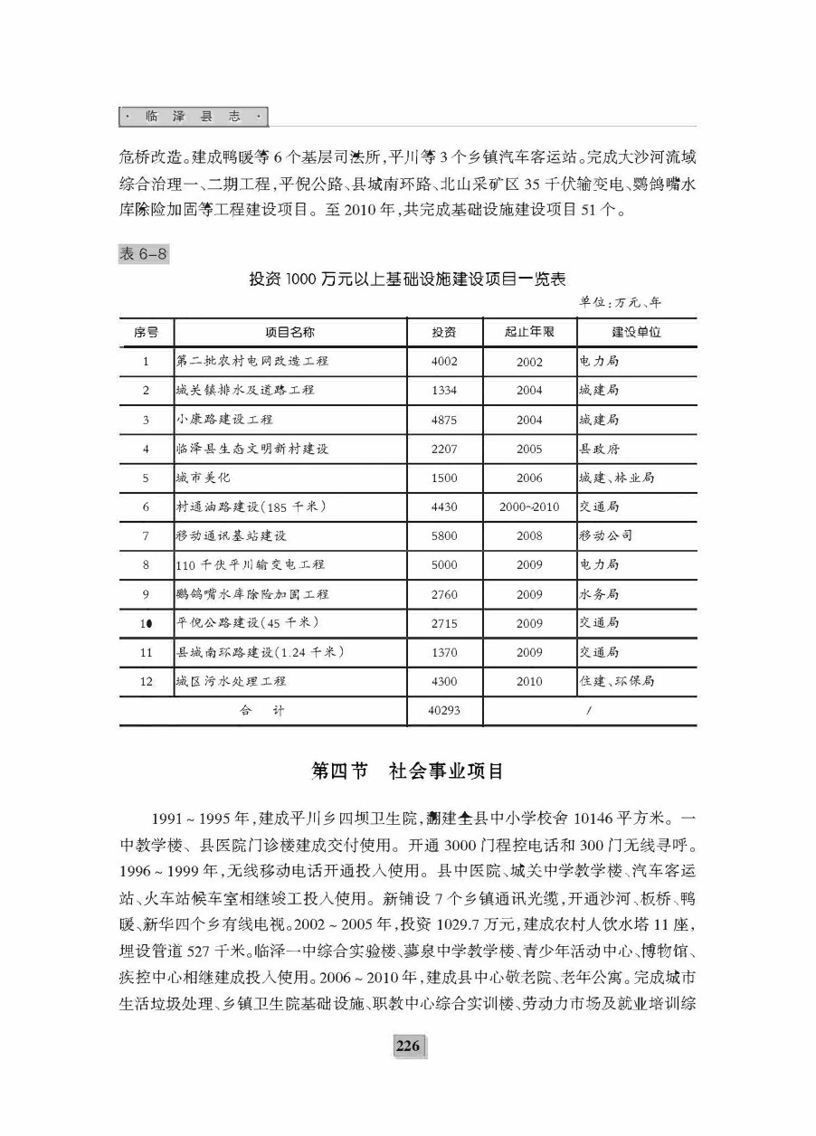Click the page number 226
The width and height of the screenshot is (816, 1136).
[x=408, y=1046]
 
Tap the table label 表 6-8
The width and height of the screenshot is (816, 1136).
[x=144, y=254]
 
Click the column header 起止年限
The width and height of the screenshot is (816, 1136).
[x=529, y=332]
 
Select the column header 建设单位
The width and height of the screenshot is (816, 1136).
[x=636, y=332]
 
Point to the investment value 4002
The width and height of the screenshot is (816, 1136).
[x=444, y=362]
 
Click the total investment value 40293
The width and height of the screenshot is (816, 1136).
[x=444, y=711]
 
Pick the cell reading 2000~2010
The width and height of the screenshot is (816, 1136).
[x=529, y=507]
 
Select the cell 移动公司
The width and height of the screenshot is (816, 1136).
[x=605, y=536]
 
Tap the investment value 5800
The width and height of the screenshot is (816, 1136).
[x=444, y=536]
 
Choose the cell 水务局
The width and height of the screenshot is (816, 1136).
[x=599, y=595]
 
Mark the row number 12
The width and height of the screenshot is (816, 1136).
[x=146, y=682]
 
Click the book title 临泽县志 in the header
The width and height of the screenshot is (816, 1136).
[x=194, y=117]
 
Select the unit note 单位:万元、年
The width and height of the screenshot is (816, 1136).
[x=621, y=302]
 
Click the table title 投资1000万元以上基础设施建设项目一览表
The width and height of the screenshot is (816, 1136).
[x=408, y=279]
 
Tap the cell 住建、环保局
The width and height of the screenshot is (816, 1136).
[x=616, y=682]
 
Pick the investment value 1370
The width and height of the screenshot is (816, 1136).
[x=444, y=653]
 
